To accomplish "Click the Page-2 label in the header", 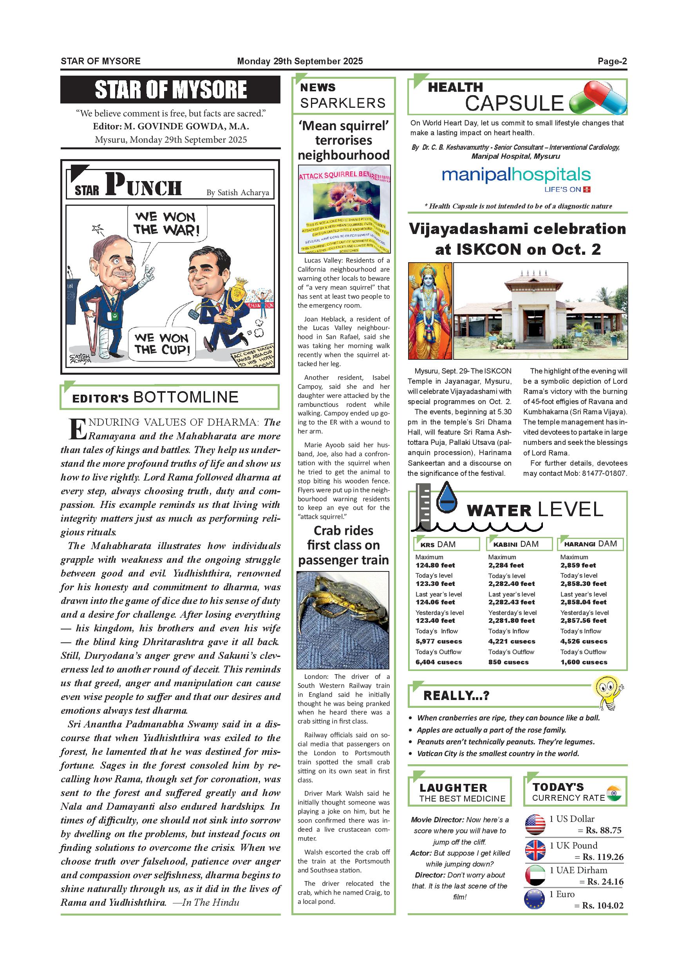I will [612, 62].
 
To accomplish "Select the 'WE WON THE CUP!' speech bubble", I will [161, 344].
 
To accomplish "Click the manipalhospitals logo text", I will [516, 175].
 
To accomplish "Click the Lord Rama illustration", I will [429, 311].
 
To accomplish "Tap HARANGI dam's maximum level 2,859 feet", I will [578, 565].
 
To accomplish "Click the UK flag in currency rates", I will [535, 850].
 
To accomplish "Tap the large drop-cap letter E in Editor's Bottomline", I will [78, 429].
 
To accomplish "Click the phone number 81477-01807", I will [604, 473].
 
